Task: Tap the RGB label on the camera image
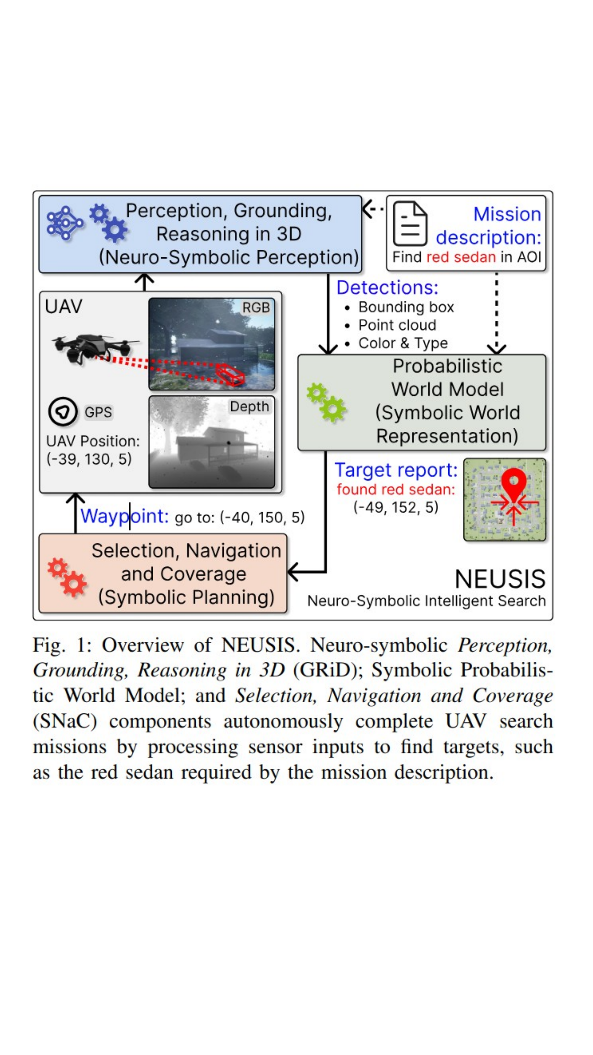coord(256,307)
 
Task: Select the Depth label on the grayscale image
coord(249,406)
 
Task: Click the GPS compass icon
coord(63,412)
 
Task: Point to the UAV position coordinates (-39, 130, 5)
coord(89,459)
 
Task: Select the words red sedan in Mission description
coord(461,257)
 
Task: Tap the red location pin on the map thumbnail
coord(513,485)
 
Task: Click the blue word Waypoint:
coord(124,516)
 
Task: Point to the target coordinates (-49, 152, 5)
coord(396,507)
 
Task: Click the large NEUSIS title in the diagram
coord(500,579)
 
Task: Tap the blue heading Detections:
coord(387,287)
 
